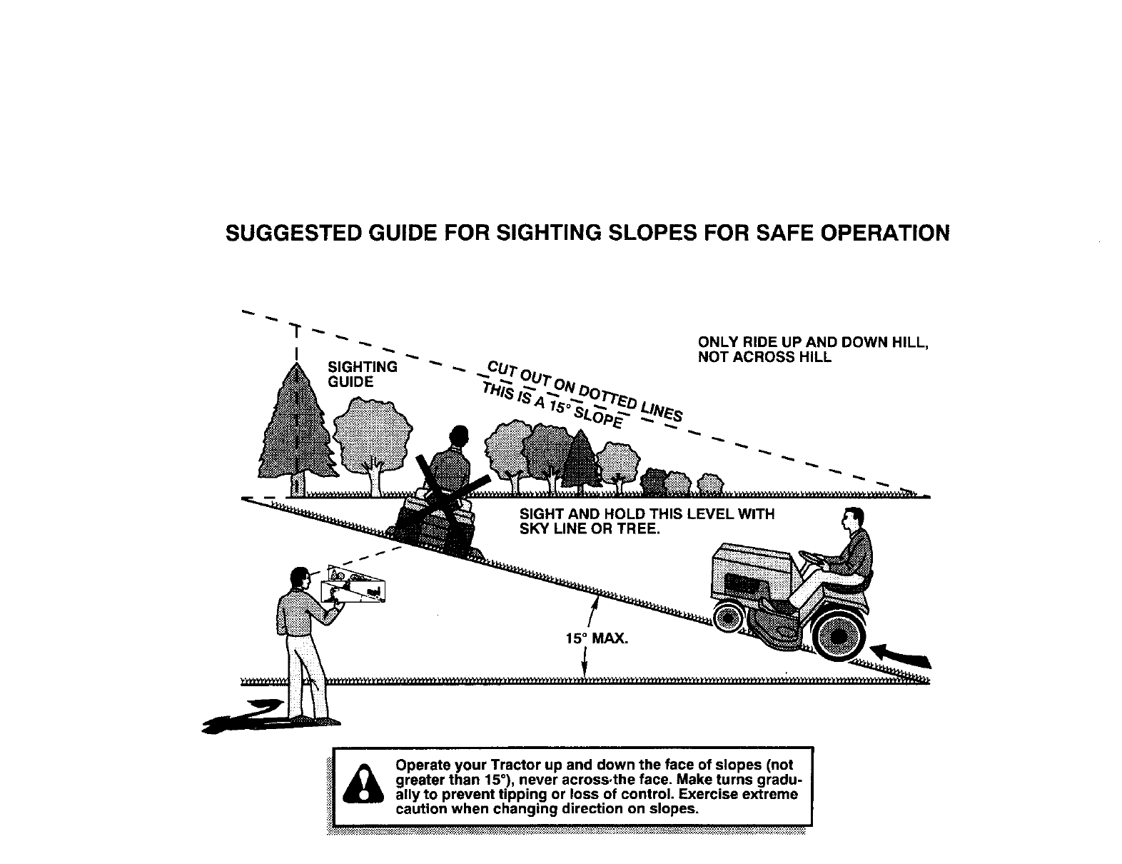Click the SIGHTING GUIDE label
(362, 374)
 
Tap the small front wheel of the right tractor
(729, 616)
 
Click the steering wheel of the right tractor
(812, 556)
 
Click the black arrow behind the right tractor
(902, 655)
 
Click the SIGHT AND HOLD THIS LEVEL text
(647, 514)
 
